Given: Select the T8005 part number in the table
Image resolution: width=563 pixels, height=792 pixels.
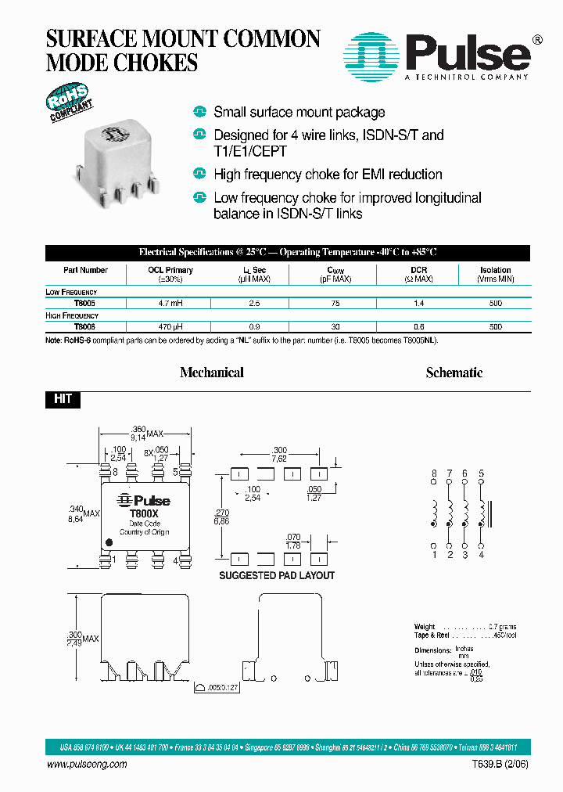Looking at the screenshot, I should pyautogui.click(x=85, y=303).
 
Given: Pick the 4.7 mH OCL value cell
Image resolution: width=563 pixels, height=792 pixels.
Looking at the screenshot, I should pyautogui.click(x=170, y=303).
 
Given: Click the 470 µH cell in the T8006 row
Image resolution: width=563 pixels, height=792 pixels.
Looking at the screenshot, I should pyautogui.click(x=170, y=326).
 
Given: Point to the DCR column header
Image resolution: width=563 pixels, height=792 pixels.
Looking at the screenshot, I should pyautogui.click(x=418, y=270).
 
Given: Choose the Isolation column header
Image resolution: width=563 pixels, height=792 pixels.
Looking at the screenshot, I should pyautogui.click(x=495, y=270).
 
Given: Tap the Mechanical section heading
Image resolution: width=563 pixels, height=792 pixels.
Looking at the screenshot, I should pyautogui.click(x=211, y=373).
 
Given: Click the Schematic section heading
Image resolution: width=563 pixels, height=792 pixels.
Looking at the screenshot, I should pyautogui.click(x=454, y=373).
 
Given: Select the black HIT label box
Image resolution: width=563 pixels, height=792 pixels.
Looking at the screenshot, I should pyautogui.click(x=63, y=399).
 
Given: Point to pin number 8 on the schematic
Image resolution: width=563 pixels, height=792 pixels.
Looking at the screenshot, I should pyautogui.click(x=434, y=473).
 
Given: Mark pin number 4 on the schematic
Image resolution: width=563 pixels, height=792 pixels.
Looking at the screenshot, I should pyautogui.click(x=481, y=555).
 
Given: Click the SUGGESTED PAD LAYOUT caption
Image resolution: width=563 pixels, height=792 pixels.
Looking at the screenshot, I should pyautogui.click(x=277, y=576).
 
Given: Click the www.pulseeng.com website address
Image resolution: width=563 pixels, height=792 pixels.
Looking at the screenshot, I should pyautogui.click(x=87, y=765).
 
